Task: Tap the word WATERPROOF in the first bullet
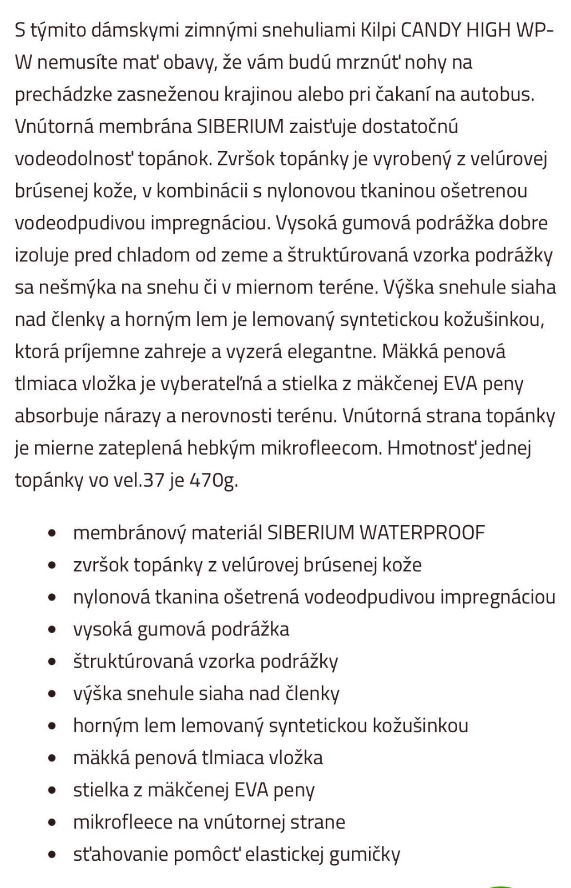(422, 533)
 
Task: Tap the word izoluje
(41, 255)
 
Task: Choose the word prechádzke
(63, 94)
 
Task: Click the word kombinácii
(203, 191)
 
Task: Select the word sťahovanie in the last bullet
(120, 854)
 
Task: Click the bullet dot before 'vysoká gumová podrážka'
(53, 630)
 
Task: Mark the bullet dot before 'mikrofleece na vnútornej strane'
(53, 823)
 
